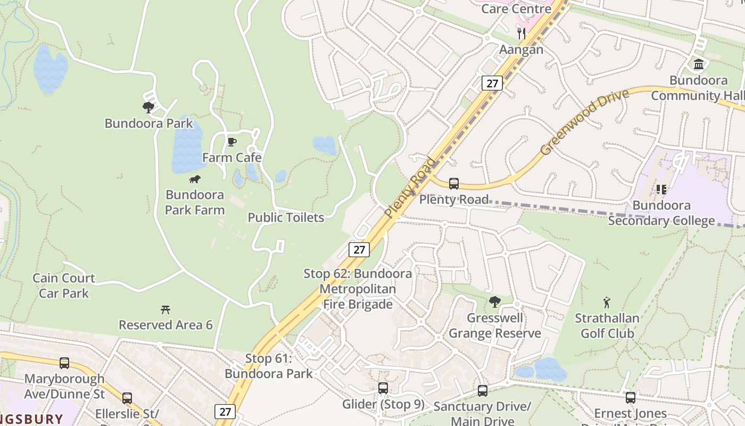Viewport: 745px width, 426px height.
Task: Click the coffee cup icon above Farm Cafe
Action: coord(231,142)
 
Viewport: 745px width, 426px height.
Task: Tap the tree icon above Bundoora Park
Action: coord(148,108)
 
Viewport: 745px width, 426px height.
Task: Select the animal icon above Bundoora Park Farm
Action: coord(195,179)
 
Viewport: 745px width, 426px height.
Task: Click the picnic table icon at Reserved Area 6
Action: coord(165,309)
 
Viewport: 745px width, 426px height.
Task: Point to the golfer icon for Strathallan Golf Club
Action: coord(607,303)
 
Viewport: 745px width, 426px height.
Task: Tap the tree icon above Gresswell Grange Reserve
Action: coord(495,302)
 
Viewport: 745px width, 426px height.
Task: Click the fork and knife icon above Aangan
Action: coord(521,34)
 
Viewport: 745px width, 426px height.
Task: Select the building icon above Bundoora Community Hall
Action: coord(699,64)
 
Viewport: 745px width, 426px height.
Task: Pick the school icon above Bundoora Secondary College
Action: coord(661,190)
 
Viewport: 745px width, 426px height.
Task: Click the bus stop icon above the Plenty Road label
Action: coord(453,184)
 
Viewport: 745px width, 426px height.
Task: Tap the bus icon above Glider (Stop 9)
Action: coord(383,388)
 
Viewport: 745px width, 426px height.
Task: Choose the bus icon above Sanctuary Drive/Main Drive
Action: coord(482,391)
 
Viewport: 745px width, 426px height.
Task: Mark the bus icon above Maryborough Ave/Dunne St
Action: coord(64,363)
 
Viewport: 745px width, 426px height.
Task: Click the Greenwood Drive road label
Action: coord(584,122)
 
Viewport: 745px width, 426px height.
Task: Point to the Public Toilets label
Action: coord(286,217)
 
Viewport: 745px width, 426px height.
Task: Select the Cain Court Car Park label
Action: coord(64,285)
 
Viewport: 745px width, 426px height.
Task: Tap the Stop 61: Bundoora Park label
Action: coord(269,366)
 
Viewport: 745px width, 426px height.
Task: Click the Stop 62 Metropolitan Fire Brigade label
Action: coord(358,289)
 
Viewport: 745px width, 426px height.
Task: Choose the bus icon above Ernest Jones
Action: coord(631,398)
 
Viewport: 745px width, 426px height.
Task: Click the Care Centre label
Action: coord(516,9)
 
